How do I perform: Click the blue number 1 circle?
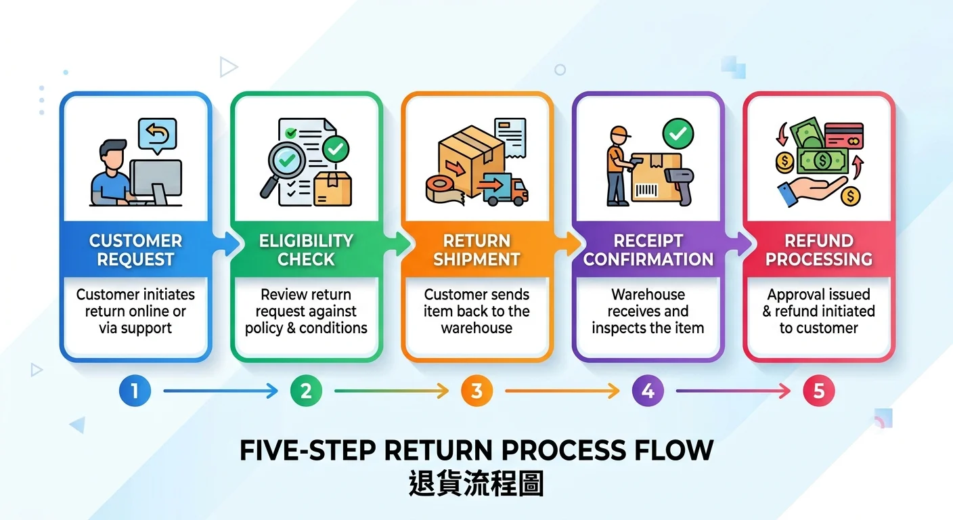pos(135,391)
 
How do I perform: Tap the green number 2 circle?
pos(306,391)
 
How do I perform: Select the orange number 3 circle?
pos(476,391)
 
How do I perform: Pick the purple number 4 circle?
pos(648,391)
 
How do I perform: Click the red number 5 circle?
pos(818,391)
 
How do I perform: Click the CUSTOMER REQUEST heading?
pos(135,250)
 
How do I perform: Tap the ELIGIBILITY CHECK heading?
pos(306,250)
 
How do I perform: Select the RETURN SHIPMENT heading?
pos(476,250)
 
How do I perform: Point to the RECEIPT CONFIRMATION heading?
pos(648,250)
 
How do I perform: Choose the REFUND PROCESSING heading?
pos(818,250)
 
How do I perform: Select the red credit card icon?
pos(844,138)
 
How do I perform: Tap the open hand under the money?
pos(809,190)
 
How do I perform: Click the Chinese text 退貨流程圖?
pos(476,485)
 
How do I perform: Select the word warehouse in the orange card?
pos(476,328)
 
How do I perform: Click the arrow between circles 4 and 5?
pos(733,391)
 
